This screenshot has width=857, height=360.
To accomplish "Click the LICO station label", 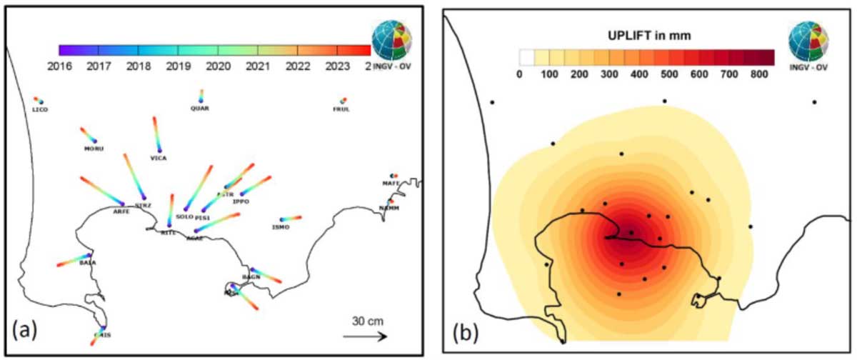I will [x=39, y=109].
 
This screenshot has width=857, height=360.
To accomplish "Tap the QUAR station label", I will [x=200, y=109].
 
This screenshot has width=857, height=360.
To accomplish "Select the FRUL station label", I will [x=341, y=109].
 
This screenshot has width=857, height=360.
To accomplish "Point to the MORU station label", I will [x=94, y=149].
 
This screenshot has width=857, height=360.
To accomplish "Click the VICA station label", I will [x=158, y=158].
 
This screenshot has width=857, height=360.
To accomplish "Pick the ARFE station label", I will [x=121, y=211].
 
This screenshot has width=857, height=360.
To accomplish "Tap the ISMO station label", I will [x=281, y=227].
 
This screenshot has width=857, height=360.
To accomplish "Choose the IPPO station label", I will [x=241, y=202].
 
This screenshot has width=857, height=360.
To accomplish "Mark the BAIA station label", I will [x=88, y=263].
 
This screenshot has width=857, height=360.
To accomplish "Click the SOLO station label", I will [x=184, y=216].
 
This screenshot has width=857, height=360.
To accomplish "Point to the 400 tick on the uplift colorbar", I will [x=639, y=73].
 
